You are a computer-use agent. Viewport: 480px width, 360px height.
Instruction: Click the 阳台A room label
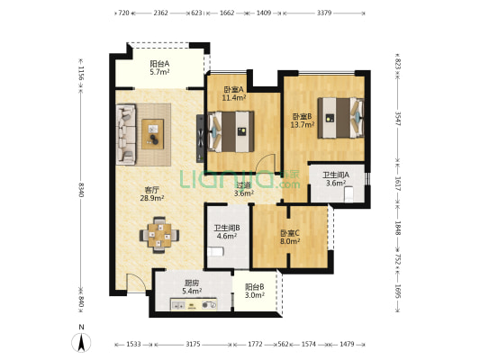pos(159,64)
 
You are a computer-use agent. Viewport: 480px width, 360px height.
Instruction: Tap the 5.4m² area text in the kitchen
pos(192,291)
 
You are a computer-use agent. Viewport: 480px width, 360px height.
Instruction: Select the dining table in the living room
pos(159,235)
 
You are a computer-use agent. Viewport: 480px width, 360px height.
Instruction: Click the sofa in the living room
pos(126,134)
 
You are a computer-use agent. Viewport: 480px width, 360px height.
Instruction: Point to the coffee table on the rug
pos(152,134)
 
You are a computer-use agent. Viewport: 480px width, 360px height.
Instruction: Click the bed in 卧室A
pos(231,131)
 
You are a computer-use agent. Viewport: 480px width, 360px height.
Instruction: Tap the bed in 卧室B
pos(340,118)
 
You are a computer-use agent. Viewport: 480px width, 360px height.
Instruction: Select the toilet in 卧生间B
pos(215,251)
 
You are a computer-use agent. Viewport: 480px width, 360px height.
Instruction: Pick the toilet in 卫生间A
pos(349,194)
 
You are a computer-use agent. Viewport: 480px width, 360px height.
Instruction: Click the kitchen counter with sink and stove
pos(194,304)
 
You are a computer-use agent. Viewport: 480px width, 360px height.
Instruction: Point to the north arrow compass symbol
pos(81,342)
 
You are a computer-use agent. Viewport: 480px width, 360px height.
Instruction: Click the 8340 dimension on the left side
pos(81,190)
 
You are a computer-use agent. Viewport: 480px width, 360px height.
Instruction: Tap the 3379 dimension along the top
pos(324,13)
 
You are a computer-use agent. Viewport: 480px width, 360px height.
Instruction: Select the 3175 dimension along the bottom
pos(193,344)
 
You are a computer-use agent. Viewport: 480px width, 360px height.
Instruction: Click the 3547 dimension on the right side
pos(397,119)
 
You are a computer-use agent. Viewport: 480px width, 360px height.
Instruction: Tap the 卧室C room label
pos(290,233)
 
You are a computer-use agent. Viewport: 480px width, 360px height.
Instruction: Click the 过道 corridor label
pos(244,185)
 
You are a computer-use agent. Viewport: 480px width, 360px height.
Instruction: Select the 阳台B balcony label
pos(254,287)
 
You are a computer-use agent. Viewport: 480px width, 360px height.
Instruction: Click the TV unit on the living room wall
pos(200,139)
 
